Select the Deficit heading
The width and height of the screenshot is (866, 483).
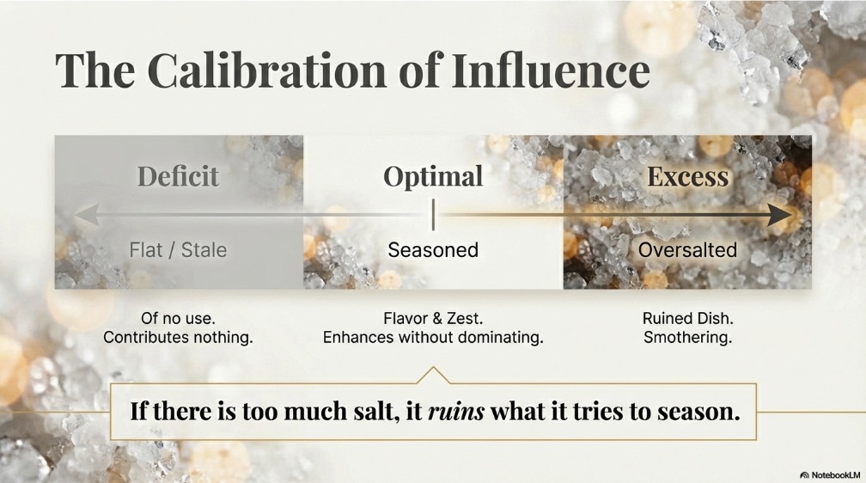pos(178,176)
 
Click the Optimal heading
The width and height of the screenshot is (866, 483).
pos(433,177)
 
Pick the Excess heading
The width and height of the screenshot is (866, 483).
pos(687,177)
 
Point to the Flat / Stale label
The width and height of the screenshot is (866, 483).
pos(178,250)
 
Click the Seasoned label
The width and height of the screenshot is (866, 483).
pos(433,250)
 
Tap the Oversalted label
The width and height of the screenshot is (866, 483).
pos(687,250)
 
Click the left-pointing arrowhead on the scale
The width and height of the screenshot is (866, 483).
pos(87,215)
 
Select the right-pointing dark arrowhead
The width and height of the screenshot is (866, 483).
pos(780,215)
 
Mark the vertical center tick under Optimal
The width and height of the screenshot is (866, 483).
pos(433,215)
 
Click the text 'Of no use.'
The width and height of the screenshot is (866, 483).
pos(178,318)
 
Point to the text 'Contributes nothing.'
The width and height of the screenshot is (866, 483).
pos(178,337)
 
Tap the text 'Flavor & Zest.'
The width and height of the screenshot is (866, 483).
pos(433,318)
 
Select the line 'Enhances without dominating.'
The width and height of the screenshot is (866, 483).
pos(433,337)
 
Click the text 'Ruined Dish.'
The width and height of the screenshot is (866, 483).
pos(687,318)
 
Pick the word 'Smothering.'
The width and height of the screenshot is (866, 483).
pos(687,337)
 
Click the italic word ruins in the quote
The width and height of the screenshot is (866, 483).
pos(456,412)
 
